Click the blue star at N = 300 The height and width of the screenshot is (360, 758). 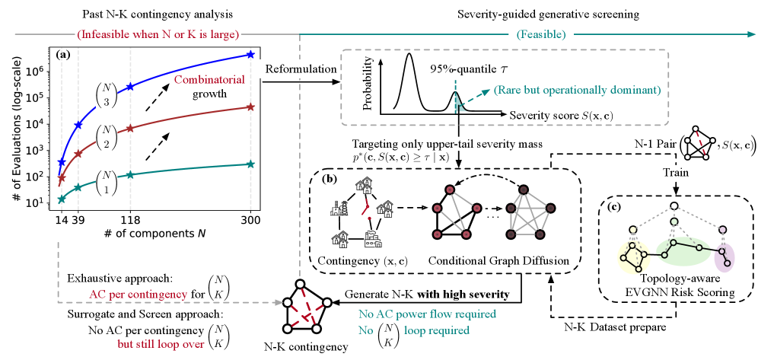tap(251, 55)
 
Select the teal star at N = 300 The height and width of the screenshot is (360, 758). tap(251, 164)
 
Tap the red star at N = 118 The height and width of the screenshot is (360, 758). tap(130, 129)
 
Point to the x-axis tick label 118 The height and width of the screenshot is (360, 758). tap(130, 218)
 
